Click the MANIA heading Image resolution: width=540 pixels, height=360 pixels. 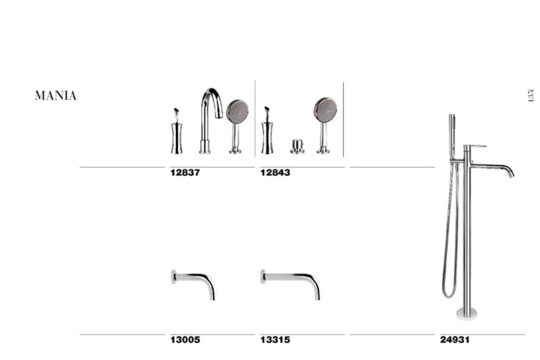pyautogui.click(x=55, y=95)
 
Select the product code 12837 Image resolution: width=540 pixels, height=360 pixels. pyautogui.click(x=185, y=173)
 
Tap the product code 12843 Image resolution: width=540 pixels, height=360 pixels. pyautogui.click(x=275, y=173)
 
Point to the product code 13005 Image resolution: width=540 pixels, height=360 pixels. pyautogui.click(x=185, y=340)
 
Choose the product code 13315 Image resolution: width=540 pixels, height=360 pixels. pyautogui.click(x=275, y=340)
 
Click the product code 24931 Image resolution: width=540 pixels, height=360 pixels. pyautogui.click(x=455, y=340)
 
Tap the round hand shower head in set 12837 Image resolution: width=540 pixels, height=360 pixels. pyautogui.click(x=238, y=111)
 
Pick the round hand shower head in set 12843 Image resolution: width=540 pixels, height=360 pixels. pyautogui.click(x=326, y=109)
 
